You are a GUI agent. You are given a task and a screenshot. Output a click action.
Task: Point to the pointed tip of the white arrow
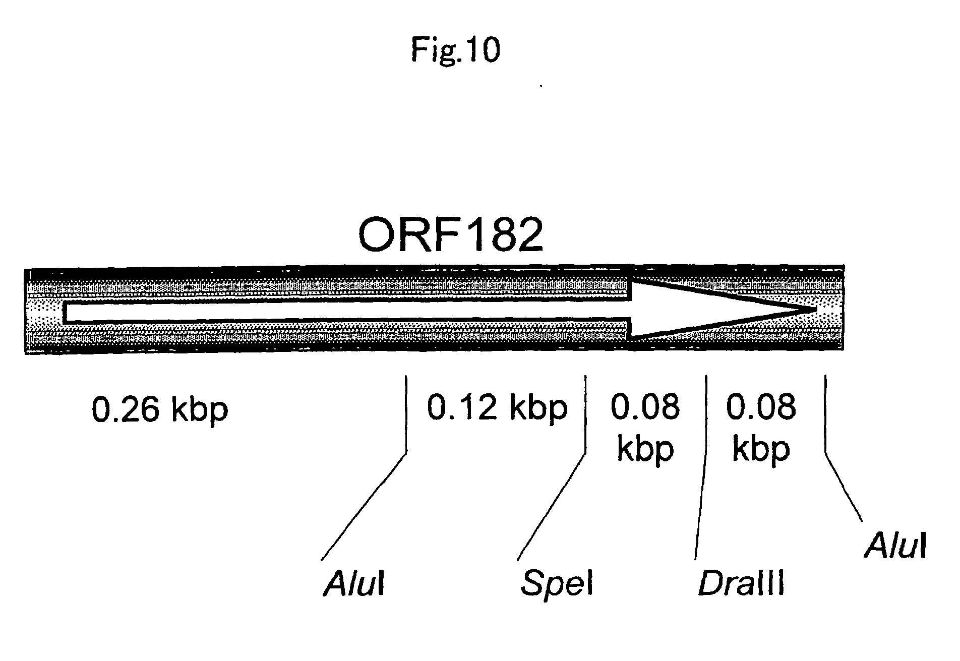(816, 308)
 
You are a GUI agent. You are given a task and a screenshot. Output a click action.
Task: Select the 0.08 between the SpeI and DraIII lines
(645, 407)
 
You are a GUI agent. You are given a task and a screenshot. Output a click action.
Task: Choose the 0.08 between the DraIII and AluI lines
(761, 407)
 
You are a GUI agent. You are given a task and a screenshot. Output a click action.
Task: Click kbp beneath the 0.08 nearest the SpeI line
(645, 449)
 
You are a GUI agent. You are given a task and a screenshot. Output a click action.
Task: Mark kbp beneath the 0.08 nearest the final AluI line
(761, 449)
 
